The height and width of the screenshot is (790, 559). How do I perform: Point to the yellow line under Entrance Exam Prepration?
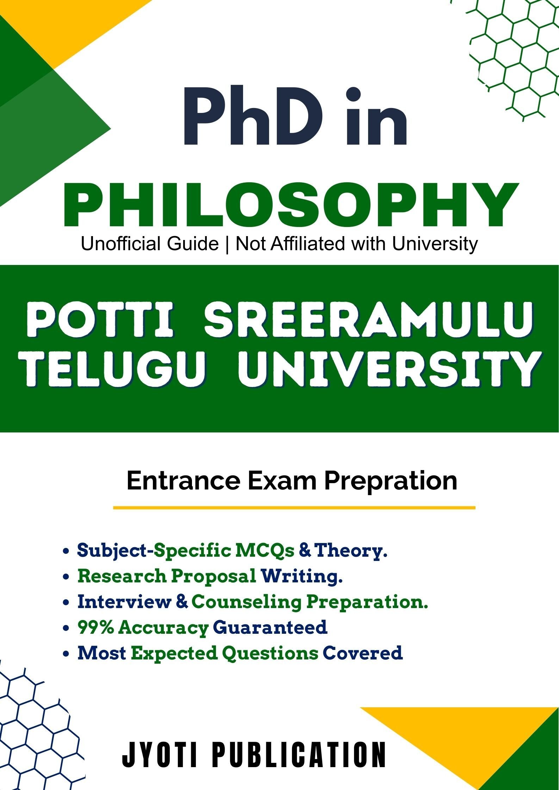click(294, 508)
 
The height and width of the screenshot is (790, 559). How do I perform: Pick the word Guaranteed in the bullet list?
click(270, 628)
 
